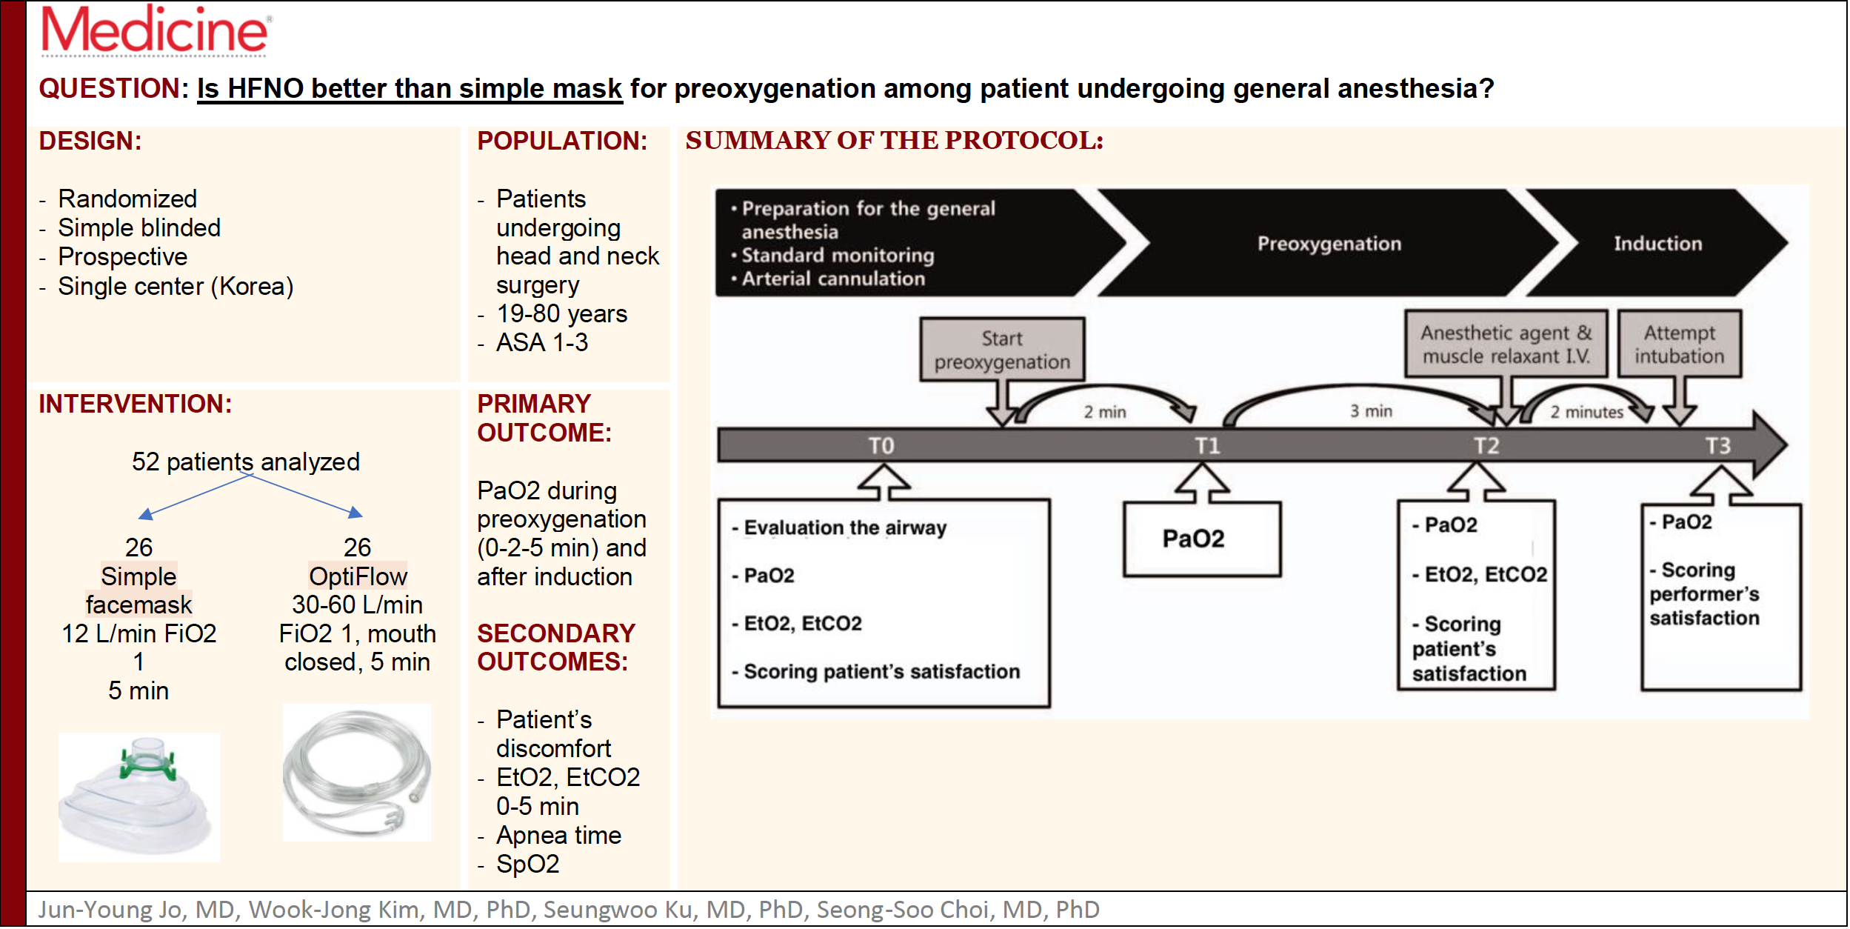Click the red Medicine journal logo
(156, 30)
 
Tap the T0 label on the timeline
(881, 445)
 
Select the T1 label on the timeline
(1207, 445)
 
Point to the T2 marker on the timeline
(1486, 445)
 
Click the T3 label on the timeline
(1718, 445)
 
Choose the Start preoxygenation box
(1002, 350)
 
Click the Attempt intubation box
(1679, 344)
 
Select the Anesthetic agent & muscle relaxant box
(1506, 344)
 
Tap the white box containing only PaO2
(1202, 539)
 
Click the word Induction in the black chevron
(1657, 243)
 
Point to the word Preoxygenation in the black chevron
(1329, 244)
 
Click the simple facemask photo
(139, 797)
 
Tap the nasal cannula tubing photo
(357, 773)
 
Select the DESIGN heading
(90, 141)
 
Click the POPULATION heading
(562, 141)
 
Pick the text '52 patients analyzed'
(246, 462)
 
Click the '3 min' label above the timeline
(1371, 410)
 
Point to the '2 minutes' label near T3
(1586, 412)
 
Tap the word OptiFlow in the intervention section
(358, 576)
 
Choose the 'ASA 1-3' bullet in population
(542, 342)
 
